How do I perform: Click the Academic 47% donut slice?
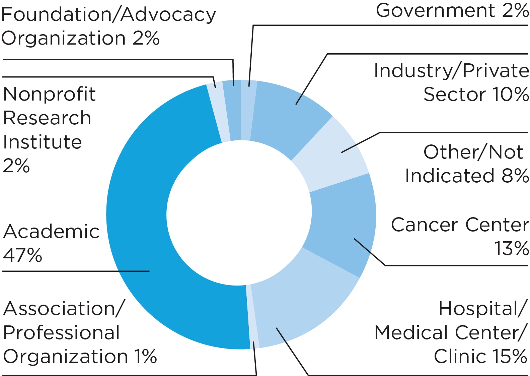141,214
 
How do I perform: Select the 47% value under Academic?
22,255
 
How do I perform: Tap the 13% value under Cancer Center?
511,249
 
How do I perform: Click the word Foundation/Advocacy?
108,15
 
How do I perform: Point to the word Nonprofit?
49,94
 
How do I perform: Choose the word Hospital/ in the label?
483,309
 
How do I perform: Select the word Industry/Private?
451,71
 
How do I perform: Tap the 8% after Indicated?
515,176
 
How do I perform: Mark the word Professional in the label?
61,333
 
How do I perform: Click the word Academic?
51,232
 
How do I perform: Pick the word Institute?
43,142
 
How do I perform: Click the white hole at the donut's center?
239,213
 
